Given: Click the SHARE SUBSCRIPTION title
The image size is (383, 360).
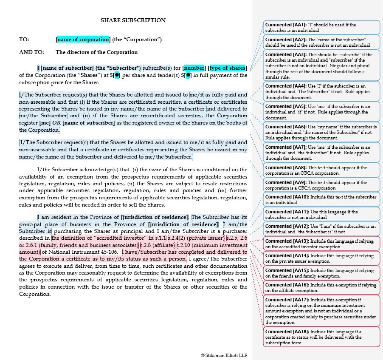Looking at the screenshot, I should [x=133, y=20].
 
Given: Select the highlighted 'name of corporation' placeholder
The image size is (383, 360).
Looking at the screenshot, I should [x=83, y=40].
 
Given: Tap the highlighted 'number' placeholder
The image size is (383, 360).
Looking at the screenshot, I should [x=194, y=68].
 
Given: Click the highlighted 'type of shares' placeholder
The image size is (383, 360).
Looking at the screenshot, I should [x=228, y=68].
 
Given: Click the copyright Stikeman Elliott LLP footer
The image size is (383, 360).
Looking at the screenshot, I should [x=224, y=355].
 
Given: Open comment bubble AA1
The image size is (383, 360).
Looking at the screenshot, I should [x=321, y=28].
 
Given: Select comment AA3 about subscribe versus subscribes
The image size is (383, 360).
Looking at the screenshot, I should [x=321, y=66].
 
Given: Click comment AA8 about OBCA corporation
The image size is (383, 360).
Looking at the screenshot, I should [x=321, y=170].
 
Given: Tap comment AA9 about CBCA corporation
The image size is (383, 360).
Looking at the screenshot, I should [x=321, y=185].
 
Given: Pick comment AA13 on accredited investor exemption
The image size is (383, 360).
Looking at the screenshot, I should [x=321, y=244].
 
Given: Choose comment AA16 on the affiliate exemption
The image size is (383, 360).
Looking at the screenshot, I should [x=321, y=287].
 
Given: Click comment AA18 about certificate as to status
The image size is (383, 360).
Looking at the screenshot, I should [x=321, y=337].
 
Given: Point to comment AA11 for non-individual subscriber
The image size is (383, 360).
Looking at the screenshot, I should [x=321, y=214].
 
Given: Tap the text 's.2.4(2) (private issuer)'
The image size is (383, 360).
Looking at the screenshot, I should [x=195, y=238].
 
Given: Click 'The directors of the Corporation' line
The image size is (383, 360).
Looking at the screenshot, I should [x=96, y=52].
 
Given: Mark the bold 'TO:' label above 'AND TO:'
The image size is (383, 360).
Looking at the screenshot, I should [x=24, y=40].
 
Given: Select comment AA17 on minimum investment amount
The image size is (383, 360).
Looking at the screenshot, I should [x=321, y=311].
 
